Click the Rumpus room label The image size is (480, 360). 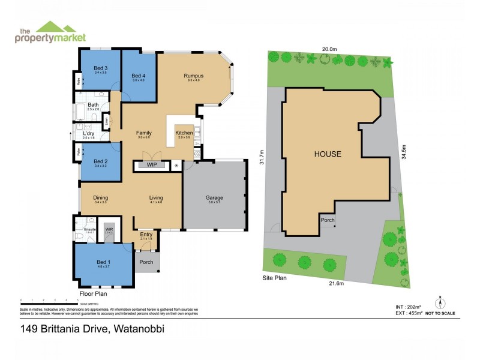click(x=193, y=76)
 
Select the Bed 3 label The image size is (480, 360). click(x=100, y=68)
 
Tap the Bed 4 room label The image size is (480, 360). click(x=139, y=76)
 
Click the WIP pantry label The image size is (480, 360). click(x=152, y=164)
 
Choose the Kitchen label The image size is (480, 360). click(x=184, y=133)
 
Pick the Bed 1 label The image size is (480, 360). click(x=103, y=262)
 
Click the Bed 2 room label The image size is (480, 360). click(x=100, y=161)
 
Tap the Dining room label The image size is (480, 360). click(x=100, y=197)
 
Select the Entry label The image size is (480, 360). click(x=146, y=235)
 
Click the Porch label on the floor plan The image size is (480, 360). click(x=146, y=262)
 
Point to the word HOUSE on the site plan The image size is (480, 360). click(x=328, y=154)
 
